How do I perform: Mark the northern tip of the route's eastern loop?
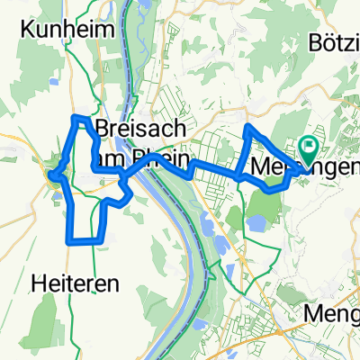tap(247, 128)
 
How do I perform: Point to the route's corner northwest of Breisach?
tap(77, 117)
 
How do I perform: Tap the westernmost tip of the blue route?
tap(51, 175)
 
